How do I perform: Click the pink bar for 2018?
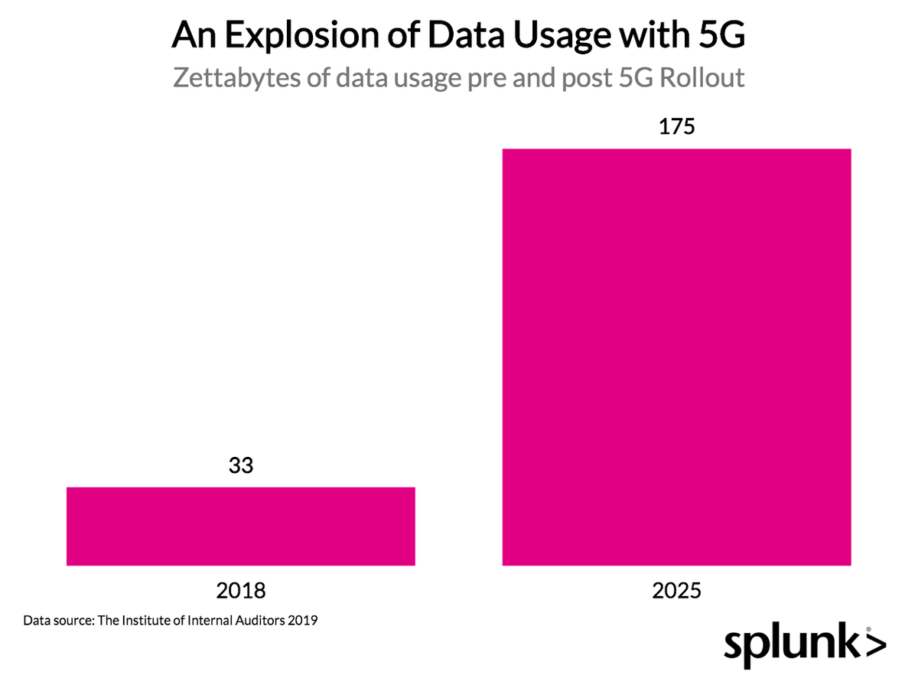(241, 527)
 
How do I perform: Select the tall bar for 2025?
(676, 357)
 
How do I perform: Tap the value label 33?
(241, 466)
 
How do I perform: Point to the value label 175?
(676, 127)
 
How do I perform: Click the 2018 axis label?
(241, 591)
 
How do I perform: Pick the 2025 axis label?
(676, 591)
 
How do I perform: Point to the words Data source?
(57, 620)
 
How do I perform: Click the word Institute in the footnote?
(147, 620)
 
